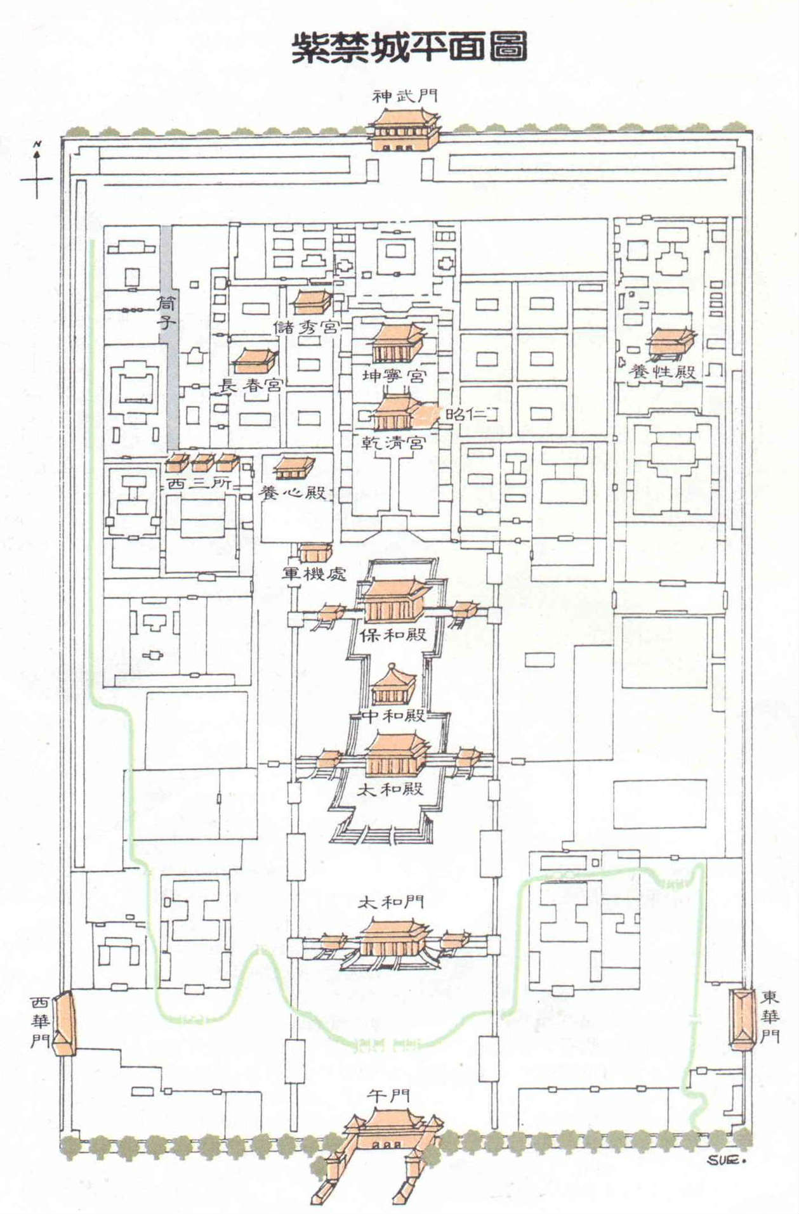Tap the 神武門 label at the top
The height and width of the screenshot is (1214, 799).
pos(405,96)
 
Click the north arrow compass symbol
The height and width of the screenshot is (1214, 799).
pos(37,171)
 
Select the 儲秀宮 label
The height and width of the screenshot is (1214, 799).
pos(306,327)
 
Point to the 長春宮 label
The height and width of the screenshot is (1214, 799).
pos(251,384)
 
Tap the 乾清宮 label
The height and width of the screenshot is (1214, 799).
pos(393,442)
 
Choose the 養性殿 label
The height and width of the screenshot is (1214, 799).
pos(662,371)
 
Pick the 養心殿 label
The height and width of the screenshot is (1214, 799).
pos(293,492)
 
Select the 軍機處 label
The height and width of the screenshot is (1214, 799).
pos(315,573)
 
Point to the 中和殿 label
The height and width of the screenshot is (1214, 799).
pos(394,715)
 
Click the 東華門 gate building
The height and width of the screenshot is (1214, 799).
pos(739,1017)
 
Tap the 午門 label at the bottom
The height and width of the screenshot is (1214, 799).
pos(388,1095)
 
